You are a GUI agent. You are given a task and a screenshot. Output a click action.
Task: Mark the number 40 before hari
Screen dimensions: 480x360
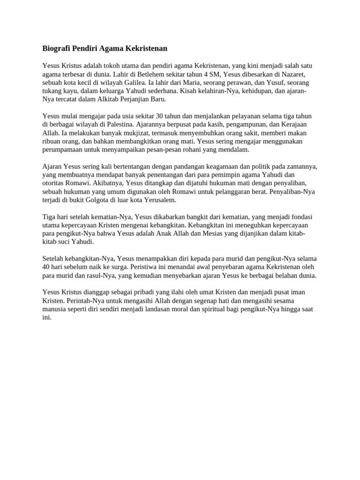(46, 267)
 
